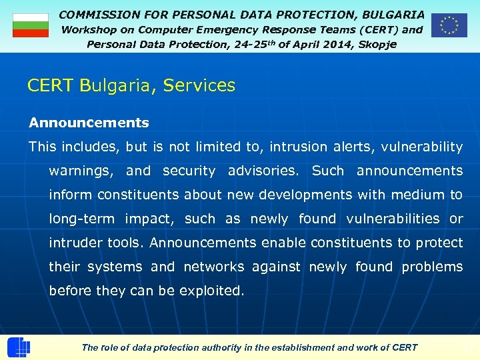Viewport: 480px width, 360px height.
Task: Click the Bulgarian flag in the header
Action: pos(31,25)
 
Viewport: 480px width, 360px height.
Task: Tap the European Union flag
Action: pos(449,25)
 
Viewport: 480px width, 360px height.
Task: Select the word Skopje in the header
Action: pos(377,44)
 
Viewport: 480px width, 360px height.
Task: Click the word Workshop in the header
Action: pos(88,29)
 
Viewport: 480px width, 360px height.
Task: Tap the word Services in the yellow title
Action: pos(199,85)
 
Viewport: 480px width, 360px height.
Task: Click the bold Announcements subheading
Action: pos(89,123)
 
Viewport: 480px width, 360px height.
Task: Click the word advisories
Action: pos(263,171)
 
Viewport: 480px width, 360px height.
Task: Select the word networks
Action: pos(213,267)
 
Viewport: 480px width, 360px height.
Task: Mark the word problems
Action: pos(432,267)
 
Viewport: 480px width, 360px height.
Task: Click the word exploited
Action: pos(211,291)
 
